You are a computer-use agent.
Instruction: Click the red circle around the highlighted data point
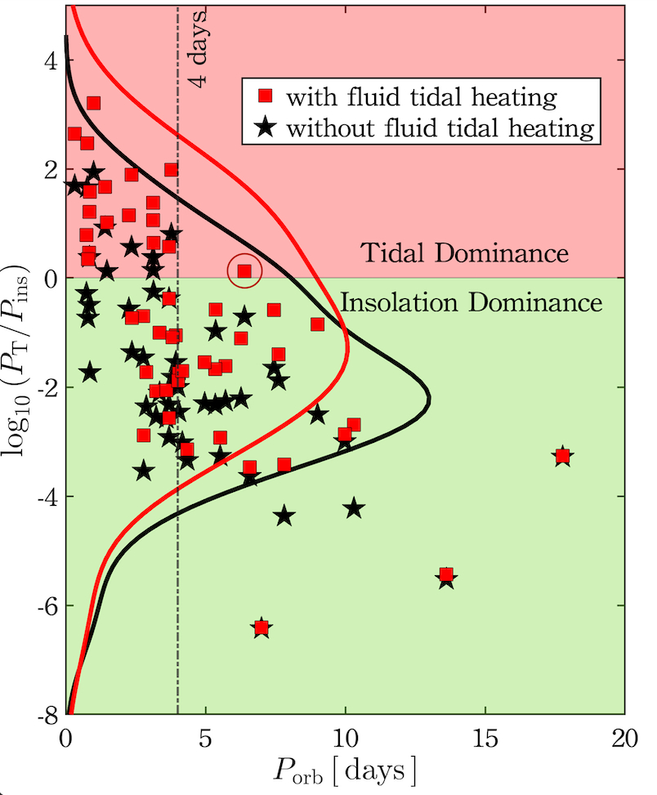point(244,270)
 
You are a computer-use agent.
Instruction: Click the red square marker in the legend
point(265,98)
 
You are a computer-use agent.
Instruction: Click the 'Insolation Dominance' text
point(472,303)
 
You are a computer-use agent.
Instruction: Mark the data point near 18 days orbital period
point(562,455)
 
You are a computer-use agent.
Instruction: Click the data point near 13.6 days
point(446,575)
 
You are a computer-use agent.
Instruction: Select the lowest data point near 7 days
point(261,628)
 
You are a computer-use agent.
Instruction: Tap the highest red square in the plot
point(93,103)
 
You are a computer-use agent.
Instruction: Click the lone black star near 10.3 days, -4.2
point(353,508)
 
